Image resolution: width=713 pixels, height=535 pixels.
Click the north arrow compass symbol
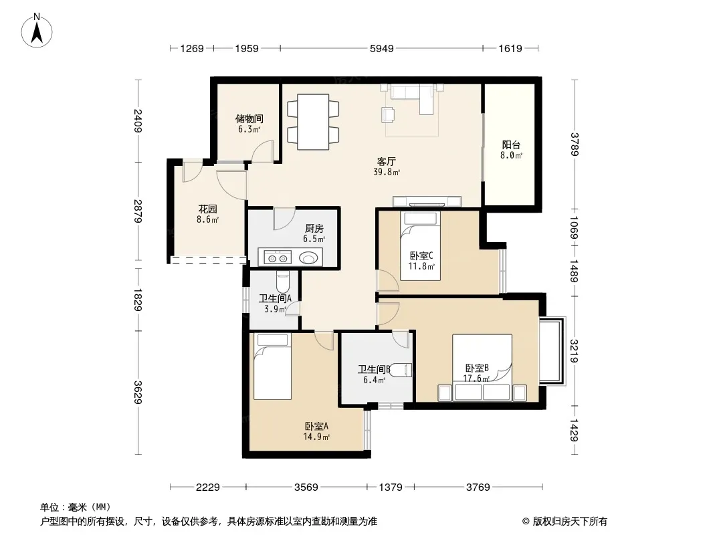click(37, 31)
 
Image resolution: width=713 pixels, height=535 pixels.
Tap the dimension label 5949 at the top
click(381, 48)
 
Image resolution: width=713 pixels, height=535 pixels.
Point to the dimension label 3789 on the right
click(575, 144)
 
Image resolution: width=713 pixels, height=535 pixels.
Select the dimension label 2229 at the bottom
click(208, 488)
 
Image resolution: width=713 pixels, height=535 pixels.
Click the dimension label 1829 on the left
click(138, 300)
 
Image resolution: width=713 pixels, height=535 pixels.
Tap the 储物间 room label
click(249, 118)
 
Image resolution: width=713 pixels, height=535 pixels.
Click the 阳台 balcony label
click(511, 144)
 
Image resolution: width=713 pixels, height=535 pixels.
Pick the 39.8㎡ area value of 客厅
click(387, 173)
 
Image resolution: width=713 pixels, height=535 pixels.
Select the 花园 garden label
click(207, 209)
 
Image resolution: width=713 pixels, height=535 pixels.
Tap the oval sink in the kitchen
click(308, 258)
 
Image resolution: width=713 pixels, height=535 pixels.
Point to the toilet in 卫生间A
click(282, 282)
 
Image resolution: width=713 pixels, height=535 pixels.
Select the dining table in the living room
click(313, 122)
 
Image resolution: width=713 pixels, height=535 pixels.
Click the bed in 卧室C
click(420, 245)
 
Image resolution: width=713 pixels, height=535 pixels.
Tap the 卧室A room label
click(316, 427)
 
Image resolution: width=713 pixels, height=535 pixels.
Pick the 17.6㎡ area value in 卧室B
click(476, 379)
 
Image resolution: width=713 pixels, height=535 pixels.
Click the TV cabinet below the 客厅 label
click(427, 201)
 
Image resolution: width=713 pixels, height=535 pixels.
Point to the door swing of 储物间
click(263, 151)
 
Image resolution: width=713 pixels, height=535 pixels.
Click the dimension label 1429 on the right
click(575, 430)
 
